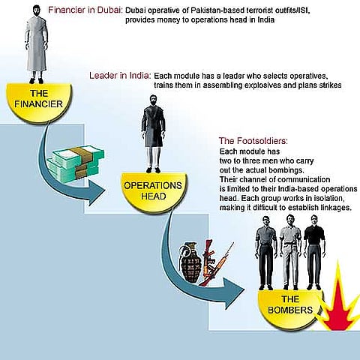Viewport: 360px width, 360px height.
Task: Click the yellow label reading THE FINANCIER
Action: (39, 103)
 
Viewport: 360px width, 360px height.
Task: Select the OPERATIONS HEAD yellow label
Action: (154, 191)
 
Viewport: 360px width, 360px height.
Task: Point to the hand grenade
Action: (190, 262)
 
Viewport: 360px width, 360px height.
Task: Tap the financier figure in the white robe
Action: (37, 45)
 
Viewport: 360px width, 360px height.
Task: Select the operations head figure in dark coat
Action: (153, 133)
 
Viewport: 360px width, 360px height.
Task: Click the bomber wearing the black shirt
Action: (314, 253)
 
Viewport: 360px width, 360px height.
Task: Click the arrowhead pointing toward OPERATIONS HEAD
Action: (96, 193)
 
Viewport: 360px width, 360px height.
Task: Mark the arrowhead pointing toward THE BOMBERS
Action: (234, 293)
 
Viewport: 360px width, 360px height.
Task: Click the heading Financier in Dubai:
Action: (85, 10)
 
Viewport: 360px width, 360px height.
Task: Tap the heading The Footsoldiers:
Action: (253, 141)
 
